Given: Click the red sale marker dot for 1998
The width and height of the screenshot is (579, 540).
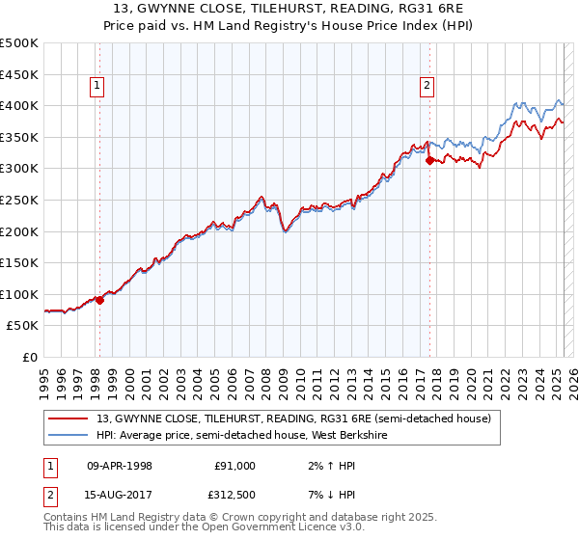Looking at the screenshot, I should [99, 299].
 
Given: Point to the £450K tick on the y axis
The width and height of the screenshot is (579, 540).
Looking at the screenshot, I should [19, 74].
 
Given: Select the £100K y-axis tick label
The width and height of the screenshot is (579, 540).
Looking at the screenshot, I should [19, 294].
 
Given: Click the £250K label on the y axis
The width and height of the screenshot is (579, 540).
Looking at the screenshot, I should [19, 200].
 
